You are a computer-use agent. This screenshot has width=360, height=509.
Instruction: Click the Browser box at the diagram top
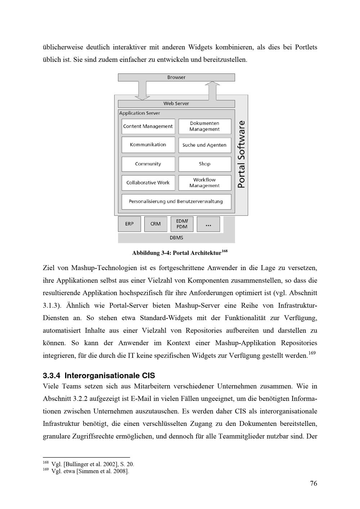point(176,77)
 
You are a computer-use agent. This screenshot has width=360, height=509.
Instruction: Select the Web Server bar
point(176,104)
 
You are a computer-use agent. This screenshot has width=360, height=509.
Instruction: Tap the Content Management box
point(148,126)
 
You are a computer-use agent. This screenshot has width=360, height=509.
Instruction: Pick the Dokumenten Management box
point(204,126)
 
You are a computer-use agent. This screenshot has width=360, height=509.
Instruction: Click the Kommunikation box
point(148,145)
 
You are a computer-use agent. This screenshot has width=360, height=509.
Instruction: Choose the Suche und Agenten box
point(204,145)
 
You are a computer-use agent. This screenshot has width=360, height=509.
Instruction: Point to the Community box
point(148,164)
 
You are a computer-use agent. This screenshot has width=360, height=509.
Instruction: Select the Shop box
point(204,164)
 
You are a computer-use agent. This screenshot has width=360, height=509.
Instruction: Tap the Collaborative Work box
point(148,183)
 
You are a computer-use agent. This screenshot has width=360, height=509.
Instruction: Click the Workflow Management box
point(204,183)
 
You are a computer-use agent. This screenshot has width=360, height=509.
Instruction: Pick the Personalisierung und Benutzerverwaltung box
point(176,201)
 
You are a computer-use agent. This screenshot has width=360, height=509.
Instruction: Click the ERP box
point(129,224)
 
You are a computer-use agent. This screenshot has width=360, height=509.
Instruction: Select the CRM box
point(156,224)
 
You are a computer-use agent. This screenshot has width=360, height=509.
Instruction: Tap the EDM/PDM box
point(182,224)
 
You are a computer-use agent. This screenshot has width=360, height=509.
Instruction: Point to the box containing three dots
point(208,224)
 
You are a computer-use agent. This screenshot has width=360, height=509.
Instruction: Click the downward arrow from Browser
point(142,90)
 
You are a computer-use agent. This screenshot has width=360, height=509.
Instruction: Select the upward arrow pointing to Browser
point(212,90)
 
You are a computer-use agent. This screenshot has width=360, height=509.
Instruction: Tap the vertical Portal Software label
point(242,154)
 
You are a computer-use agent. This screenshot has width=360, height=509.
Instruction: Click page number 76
point(314,483)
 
